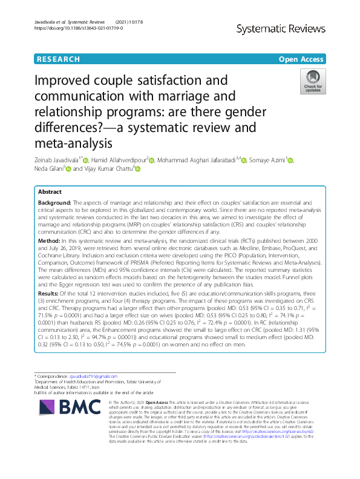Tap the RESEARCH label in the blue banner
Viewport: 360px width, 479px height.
[x=58, y=59]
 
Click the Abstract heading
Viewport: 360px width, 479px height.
[x=50, y=191]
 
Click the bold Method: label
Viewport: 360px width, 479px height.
[x=50, y=240]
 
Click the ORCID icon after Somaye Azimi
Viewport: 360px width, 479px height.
[x=291, y=160]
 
